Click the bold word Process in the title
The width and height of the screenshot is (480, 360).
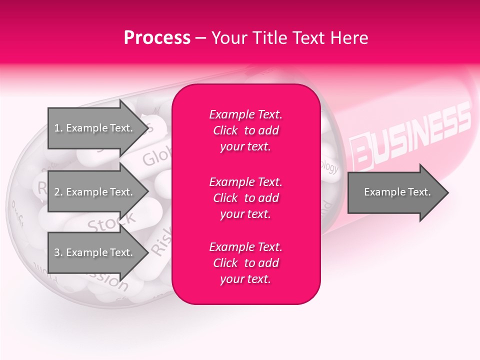(x=157, y=37)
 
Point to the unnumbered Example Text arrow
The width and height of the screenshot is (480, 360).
(x=397, y=192)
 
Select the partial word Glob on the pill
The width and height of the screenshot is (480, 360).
(x=155, y=157)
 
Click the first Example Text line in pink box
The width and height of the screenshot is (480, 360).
(x=245, y=114)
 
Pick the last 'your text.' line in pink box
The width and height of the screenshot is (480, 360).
(x=245, y=279)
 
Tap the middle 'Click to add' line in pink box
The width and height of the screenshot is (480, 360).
(x=245, y=198)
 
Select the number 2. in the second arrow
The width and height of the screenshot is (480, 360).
(x=58, y=192)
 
